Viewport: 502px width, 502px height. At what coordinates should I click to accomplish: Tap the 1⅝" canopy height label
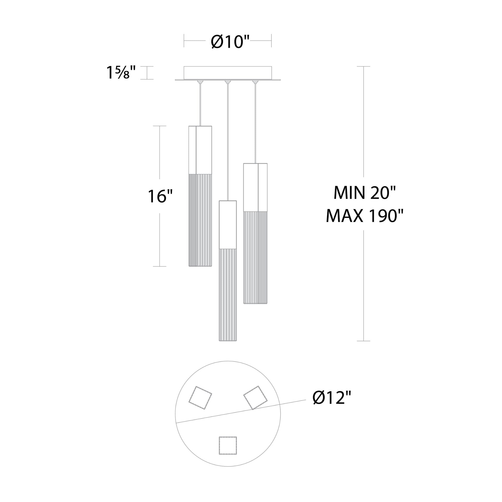click(121, 73)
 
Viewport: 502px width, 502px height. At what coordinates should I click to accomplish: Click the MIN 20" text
click(364, 193)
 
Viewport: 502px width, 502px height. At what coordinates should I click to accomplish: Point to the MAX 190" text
click(365, 216)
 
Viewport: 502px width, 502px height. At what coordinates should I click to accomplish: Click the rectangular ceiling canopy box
click(228, 73)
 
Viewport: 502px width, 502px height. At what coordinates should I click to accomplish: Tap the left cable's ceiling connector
click(200, 82)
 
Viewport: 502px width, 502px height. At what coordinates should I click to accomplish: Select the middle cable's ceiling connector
click(228, 82)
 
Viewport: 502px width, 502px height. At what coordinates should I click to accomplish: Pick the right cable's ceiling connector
click(256, 82)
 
